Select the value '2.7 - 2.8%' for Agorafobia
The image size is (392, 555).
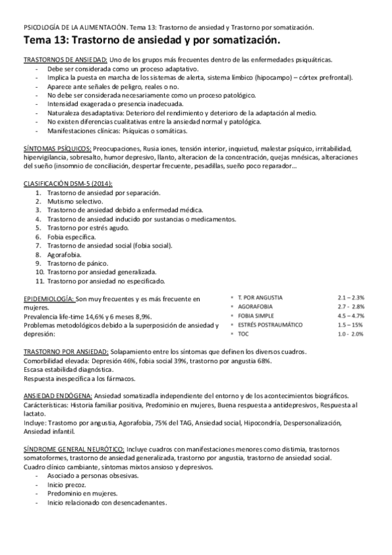pos(351,306)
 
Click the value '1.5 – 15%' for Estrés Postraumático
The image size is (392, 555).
pos(351,325)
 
